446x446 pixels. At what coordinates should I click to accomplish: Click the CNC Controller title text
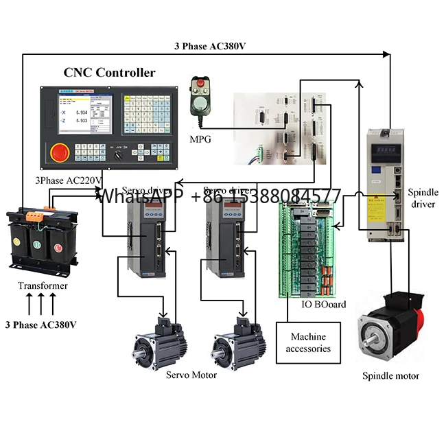tap(110, 73)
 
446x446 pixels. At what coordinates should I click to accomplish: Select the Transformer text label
tap(43, 285)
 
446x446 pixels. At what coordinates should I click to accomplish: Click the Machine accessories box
tap(308, 342)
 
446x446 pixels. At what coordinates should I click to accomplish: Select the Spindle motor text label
tap(390, 375)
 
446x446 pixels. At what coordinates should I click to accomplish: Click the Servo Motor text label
tap(191, 375)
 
